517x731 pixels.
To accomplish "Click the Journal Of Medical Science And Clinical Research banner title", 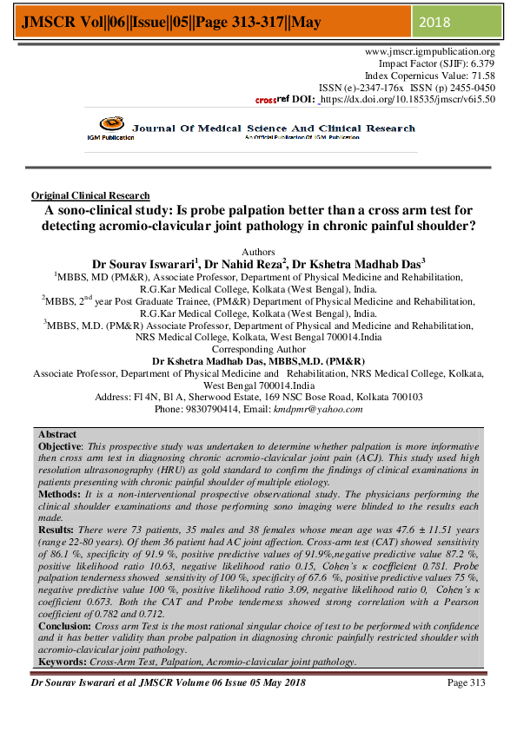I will pos(274,128).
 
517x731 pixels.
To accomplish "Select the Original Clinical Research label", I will pos(90,196).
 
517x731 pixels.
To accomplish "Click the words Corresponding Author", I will pos(258,349).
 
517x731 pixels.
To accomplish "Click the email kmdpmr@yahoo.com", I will pos(318,409).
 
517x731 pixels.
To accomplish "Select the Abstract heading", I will pos(57,434).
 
